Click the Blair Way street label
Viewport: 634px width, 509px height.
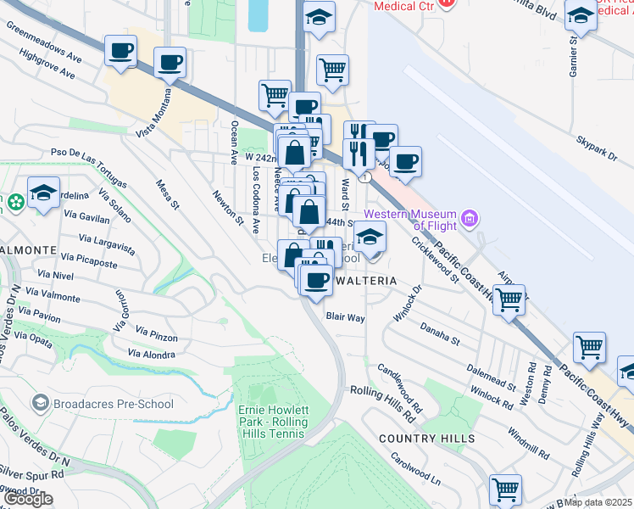(345, 317)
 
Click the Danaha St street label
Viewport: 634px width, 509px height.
(439, 333)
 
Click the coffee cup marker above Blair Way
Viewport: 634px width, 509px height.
(317, 280)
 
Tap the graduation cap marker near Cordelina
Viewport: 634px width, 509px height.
(43, 191)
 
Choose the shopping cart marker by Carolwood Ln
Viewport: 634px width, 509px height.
(505, 489)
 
